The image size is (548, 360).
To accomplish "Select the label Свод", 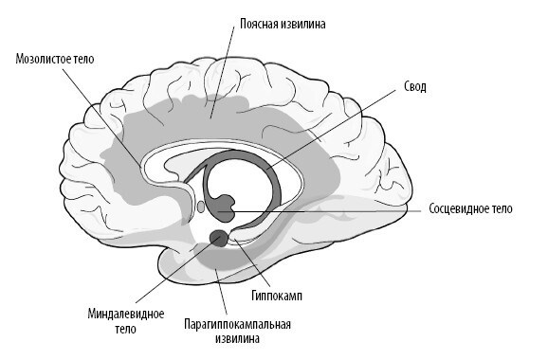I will click(415, 86).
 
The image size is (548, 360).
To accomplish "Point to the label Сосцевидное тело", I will click(470, 207).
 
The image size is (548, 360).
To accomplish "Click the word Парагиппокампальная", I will click(236, 323).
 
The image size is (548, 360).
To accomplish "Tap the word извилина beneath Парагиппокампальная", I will click(237, 338).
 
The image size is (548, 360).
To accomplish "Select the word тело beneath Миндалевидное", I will click(121, 329).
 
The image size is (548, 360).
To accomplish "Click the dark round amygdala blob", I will click(218, 238).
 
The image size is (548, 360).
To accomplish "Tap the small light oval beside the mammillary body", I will click(200, 204).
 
